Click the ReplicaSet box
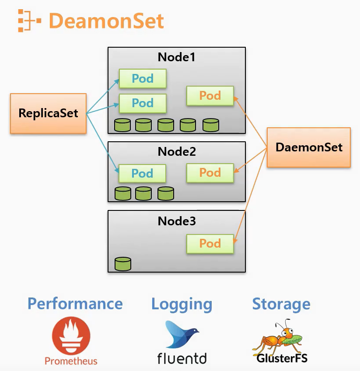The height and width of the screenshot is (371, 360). coord(48,113)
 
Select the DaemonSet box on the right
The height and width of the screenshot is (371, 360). coord(309,147)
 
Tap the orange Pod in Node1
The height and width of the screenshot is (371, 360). coord(210,96)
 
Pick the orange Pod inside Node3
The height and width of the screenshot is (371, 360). coord(210,244)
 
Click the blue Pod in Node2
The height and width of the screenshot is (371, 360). coord(143,173)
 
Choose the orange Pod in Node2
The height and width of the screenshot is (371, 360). coord(210,173)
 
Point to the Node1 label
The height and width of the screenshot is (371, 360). coord(177,57)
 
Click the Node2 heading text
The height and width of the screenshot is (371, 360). coord(177,152)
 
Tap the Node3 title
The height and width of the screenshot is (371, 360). coord(177,221)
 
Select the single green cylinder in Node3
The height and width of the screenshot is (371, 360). coord(123,264)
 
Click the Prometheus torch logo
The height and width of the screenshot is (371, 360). coord(71,336)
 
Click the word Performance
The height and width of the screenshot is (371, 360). coord(75,304)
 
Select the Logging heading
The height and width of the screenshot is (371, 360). coord(182,304)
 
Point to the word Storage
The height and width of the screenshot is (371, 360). coord(281,304)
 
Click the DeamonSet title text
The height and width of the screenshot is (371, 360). coord(106,21)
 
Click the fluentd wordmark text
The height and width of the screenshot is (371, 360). coord(182,358)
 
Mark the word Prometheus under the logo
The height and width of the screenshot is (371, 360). coord(71,361)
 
